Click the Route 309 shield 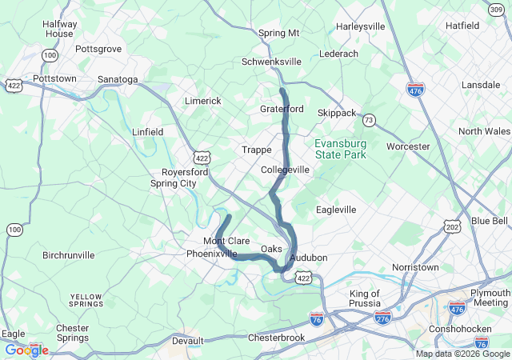click(x=497, y=9)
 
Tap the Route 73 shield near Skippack click(x=368, y=120)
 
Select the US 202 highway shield click(x=453, y=228)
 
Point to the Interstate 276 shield click(x=383, y=318)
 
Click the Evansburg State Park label click(x=340, y=148)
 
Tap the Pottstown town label click(x=54, y=79)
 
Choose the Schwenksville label click(x=272, y=62)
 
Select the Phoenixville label click(x=212, y=254)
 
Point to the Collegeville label click(x=285, y=170)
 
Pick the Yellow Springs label click(x=86, y=300)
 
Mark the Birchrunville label click(x=68, y=255)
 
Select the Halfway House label click(x=60, y=29)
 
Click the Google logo click(x=26, y=350)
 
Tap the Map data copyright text click(x=462, y=354)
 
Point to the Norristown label click(x=415, y=267)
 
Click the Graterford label click(x=282, y=109)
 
